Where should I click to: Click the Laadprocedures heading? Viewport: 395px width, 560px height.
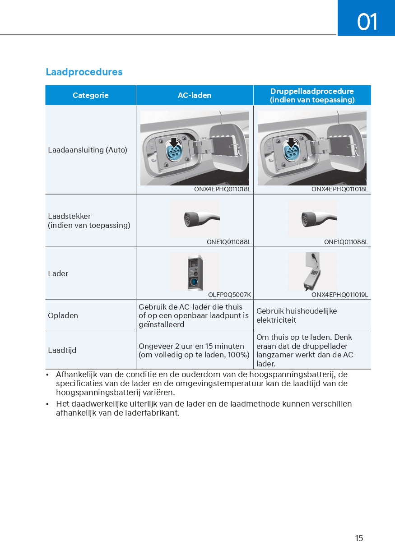[84, 72]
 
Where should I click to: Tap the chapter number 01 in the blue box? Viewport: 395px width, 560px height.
[367, 22]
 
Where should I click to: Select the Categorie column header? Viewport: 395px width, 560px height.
[91, 95]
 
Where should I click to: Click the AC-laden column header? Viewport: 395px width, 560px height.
[195, 95]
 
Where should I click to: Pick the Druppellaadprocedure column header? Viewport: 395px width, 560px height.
[312, 95]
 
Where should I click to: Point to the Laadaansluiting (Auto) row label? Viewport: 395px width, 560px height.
[88, 150]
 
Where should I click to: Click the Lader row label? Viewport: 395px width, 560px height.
[58, 273]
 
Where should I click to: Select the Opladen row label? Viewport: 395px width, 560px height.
[63, 315]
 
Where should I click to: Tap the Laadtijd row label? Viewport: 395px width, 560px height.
[62, 350]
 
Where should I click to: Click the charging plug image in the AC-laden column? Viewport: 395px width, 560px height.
[202, 219]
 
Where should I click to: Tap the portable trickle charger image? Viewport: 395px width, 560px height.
[312, 272]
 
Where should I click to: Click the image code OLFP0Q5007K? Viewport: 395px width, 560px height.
[229, 295]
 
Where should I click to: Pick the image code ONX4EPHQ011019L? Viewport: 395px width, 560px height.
[340, 295]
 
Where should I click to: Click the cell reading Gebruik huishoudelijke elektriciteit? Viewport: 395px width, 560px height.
[297, 315]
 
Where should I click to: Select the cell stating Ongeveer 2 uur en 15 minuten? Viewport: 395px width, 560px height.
[194, 351]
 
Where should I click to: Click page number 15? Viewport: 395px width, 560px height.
[359, 538]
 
